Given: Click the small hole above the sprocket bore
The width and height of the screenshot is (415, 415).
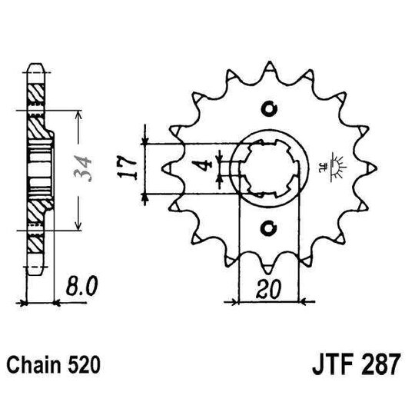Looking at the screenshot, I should click(268, 107).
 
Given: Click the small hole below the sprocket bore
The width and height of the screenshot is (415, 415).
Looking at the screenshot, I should click(268, 227).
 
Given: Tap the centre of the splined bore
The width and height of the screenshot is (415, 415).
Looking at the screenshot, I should click(268, 167).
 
